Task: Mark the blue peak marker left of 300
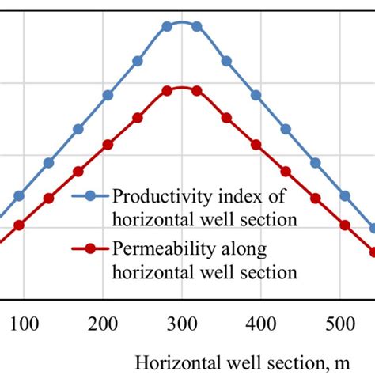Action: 167,26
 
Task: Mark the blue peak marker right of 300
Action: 197,26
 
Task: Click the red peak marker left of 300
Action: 167,91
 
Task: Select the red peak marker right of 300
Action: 197,91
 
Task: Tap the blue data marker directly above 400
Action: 256,95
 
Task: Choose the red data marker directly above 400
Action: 256,144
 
